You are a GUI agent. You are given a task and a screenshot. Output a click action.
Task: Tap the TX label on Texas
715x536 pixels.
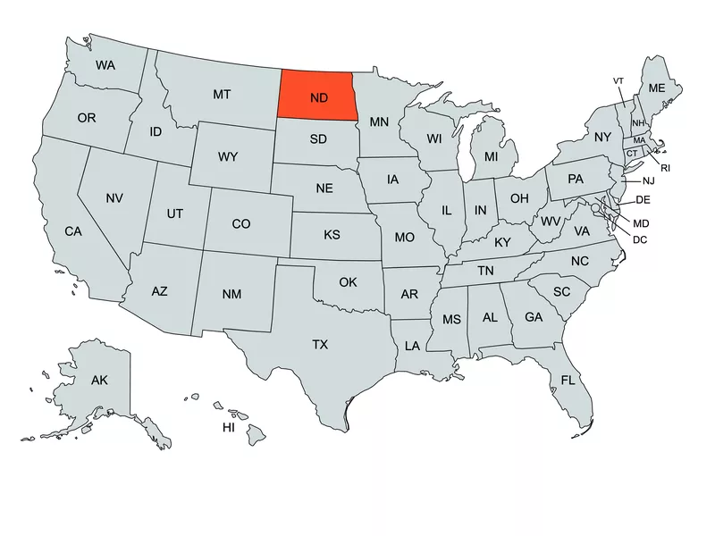tap(320, 344)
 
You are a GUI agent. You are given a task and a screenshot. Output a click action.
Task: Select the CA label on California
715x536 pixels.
tap(73, 231)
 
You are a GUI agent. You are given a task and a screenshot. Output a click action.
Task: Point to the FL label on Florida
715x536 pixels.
tap(568, 380)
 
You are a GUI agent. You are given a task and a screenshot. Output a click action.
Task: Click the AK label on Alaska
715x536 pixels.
tap(99, 381)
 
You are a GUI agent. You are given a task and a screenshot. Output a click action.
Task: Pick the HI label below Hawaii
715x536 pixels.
tap(229, 428)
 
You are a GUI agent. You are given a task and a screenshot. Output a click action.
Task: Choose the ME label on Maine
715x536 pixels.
tap(657, 88)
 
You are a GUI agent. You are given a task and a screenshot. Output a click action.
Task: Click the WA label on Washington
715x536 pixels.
tap(105, 65)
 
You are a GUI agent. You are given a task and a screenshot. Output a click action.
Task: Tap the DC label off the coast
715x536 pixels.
tap(639, 239)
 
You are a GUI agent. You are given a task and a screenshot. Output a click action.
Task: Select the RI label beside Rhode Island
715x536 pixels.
tap(665, 167)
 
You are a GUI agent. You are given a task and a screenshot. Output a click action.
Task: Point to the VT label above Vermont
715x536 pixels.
tap(618, 81)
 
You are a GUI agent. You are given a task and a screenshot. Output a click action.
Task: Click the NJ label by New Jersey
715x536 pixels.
tap(649, 180)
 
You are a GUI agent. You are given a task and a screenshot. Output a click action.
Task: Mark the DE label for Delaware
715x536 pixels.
tap(643, 199)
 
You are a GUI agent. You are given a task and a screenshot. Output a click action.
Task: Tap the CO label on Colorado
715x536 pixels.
tap(240, 224)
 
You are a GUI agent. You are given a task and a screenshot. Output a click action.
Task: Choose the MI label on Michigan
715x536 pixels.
tap(491, 156)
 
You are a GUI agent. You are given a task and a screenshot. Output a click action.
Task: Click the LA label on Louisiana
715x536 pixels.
tap(412, 345)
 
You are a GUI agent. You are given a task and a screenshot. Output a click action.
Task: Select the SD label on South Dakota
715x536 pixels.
tap(318, 138)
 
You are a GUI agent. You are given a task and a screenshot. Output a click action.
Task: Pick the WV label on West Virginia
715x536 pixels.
tap(551, 220)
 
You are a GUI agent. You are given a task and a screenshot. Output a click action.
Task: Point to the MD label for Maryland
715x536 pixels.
tap(641, 222)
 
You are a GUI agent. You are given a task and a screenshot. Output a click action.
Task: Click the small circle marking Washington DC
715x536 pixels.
tap(595, 208)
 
